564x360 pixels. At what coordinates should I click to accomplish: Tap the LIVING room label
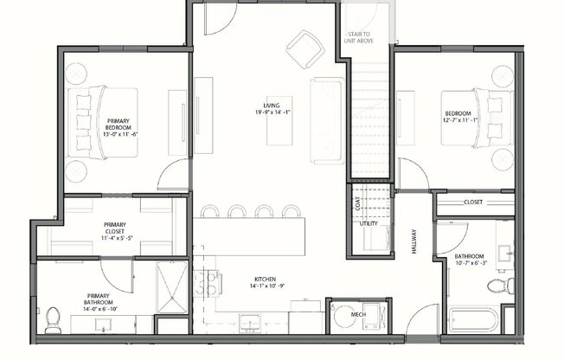(x=272, y=106)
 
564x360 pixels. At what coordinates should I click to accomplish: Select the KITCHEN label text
(x=265, y=280)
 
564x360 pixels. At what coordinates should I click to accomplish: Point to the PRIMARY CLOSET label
(x=114, y=228)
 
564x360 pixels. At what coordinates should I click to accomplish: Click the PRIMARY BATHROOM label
(x=96, y=299)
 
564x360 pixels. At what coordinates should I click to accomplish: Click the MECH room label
(x=357, y=313)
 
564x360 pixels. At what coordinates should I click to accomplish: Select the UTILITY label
(x=369, y=223)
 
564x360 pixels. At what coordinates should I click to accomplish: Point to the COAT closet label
(x=357, y=205)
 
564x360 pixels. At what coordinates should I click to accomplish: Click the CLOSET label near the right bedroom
(x=473, y=202)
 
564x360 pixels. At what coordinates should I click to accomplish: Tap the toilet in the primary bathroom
(x=54, y=319)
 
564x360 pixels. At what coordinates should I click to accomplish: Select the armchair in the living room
(x=304, y=49)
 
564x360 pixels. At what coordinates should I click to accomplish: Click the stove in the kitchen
(x=208, y=282)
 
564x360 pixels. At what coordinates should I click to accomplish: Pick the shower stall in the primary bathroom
(x=172, y=287)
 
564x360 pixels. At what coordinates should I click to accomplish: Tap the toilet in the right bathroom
(x=498, y=286)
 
